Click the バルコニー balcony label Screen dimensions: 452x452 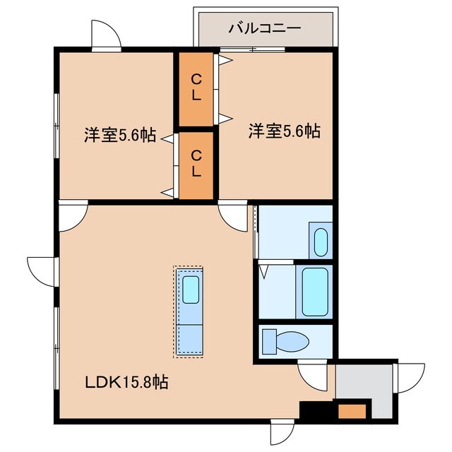[265, 28]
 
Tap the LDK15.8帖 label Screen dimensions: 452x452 [126, 382]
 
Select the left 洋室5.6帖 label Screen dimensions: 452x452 [120, 135]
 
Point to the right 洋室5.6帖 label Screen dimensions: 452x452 [284, 131]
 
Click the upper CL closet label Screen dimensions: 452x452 [196, 87]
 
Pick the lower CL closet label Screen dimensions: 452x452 [196, 163]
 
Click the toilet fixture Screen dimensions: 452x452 [285, 343]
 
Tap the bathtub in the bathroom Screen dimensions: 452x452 [315, 292]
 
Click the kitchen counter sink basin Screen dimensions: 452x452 [191, 290]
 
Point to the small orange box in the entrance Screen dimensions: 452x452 [352, 411]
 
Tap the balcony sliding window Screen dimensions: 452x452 [253, 49]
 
